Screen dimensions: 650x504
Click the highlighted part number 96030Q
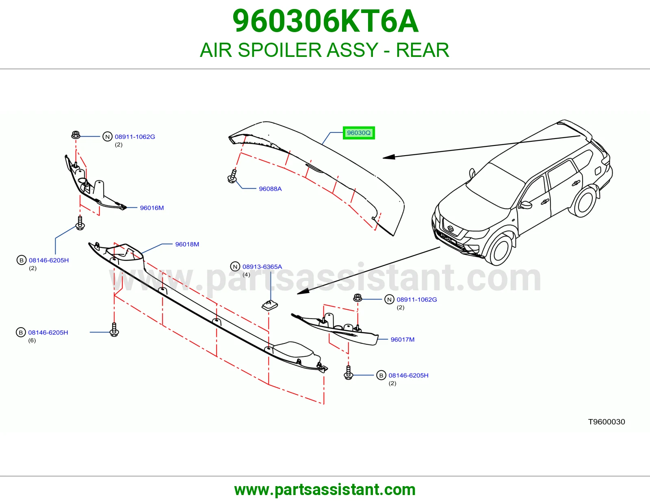tap(359, 133)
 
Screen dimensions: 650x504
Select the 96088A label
tap(270, 189)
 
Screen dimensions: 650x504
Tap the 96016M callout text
tap(152, 208)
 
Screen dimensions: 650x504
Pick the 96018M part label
tap(187, 244)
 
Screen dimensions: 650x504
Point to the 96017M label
tap(402, 339)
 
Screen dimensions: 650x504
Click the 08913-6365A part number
tap(262, 267)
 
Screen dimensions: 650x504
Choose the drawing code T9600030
tap(606, 422)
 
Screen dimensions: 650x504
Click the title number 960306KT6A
tap(325, 21)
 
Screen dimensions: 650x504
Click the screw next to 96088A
tap(232, 176)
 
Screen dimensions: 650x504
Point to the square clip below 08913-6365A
tap(269, 305)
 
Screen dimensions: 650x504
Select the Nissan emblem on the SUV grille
tap(451, 228)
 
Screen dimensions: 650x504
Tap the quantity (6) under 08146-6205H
tap(32, 340)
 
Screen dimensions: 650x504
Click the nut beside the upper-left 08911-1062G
tap(76, 135)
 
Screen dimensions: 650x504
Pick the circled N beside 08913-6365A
tap(235, 266)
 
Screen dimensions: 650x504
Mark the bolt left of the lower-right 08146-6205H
tap(348, 373)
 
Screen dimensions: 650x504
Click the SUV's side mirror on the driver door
tap(526, 205)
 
